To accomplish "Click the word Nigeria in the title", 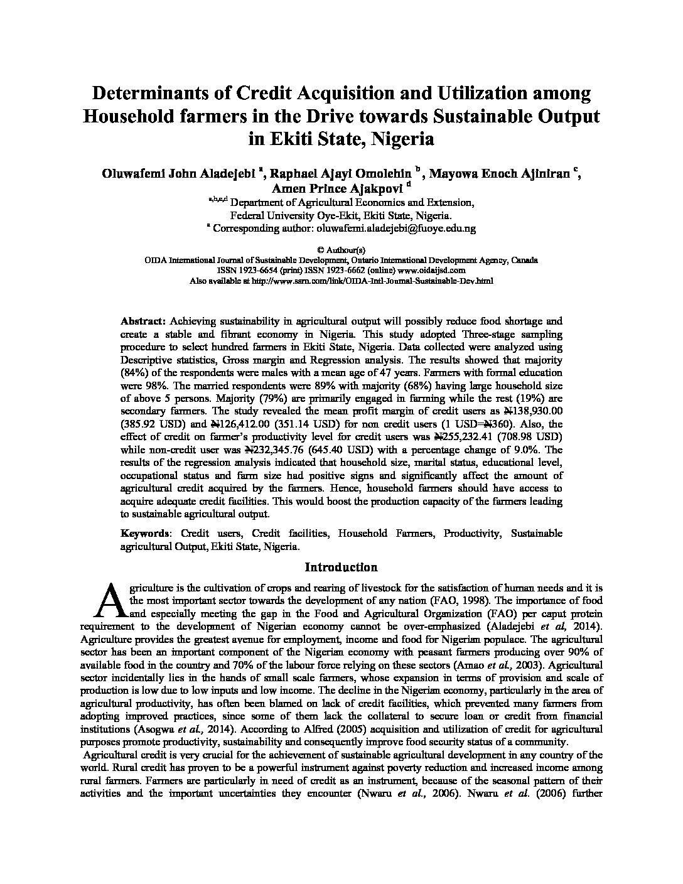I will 402,139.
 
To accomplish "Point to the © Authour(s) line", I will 341,250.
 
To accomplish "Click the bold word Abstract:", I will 143,320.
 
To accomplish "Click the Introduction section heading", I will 341,568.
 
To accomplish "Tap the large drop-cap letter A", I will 110,600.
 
